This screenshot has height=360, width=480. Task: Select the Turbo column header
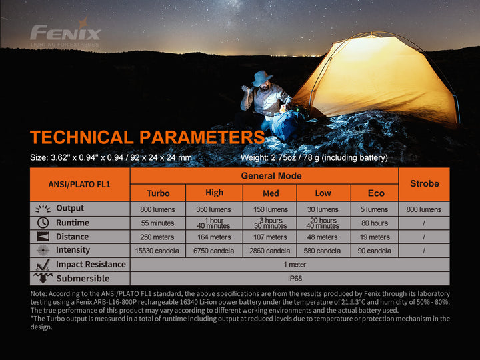(158, 193)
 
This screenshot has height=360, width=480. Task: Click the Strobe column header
(424, 183)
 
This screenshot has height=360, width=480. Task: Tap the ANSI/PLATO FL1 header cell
(79, 184)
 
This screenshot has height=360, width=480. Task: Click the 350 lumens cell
(214, 209)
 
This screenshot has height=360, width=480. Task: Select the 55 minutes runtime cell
(158, 223)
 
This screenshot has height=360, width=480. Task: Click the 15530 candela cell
(158, 251)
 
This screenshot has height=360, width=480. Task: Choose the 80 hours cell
(375, 223)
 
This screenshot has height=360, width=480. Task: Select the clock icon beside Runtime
(43, 223)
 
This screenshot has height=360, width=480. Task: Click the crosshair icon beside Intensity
(43, 250)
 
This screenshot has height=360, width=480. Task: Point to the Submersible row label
(82, 279)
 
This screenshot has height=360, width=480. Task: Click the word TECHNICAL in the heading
(81, 137)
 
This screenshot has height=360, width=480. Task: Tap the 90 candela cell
(375, 251)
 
